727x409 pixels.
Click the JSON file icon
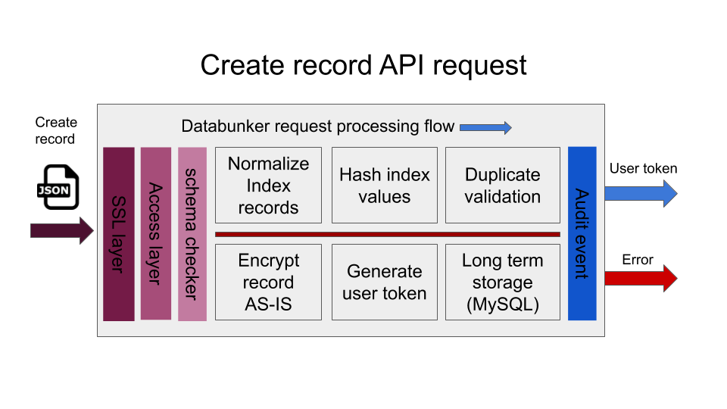pos(58,186)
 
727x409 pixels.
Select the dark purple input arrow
pos(61,230)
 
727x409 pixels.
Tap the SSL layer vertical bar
pos(119,233)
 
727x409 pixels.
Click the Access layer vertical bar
pos(156,233)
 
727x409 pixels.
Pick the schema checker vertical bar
pos(192,233)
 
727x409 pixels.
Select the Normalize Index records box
pos(268,186)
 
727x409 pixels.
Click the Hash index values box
pos(385,186)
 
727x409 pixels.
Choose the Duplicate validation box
pos(502,186)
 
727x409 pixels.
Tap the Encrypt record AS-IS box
pos(268,282)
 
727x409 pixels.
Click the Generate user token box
pos(385,282)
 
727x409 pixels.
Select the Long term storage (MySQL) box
pos(502,282)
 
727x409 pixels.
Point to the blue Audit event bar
pos(582,233)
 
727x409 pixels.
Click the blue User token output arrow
pos(640,193)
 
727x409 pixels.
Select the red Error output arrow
pos(640,279)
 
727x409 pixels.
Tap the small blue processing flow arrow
pos(485,127)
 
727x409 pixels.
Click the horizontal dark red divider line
pos(387,234)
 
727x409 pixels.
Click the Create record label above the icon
pos(56,130)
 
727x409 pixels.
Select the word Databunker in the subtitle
pos(223,126)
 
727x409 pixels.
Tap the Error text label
pos(638,260)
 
